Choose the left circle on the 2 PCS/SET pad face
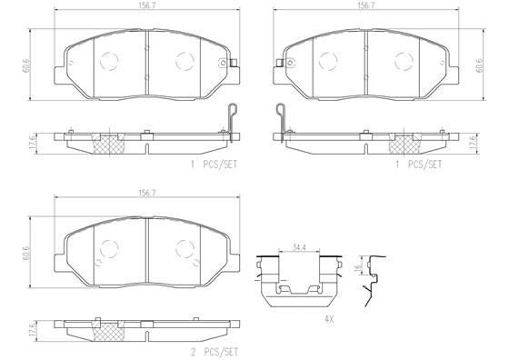click(109, 250)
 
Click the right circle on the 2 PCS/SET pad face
click(185, 250)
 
